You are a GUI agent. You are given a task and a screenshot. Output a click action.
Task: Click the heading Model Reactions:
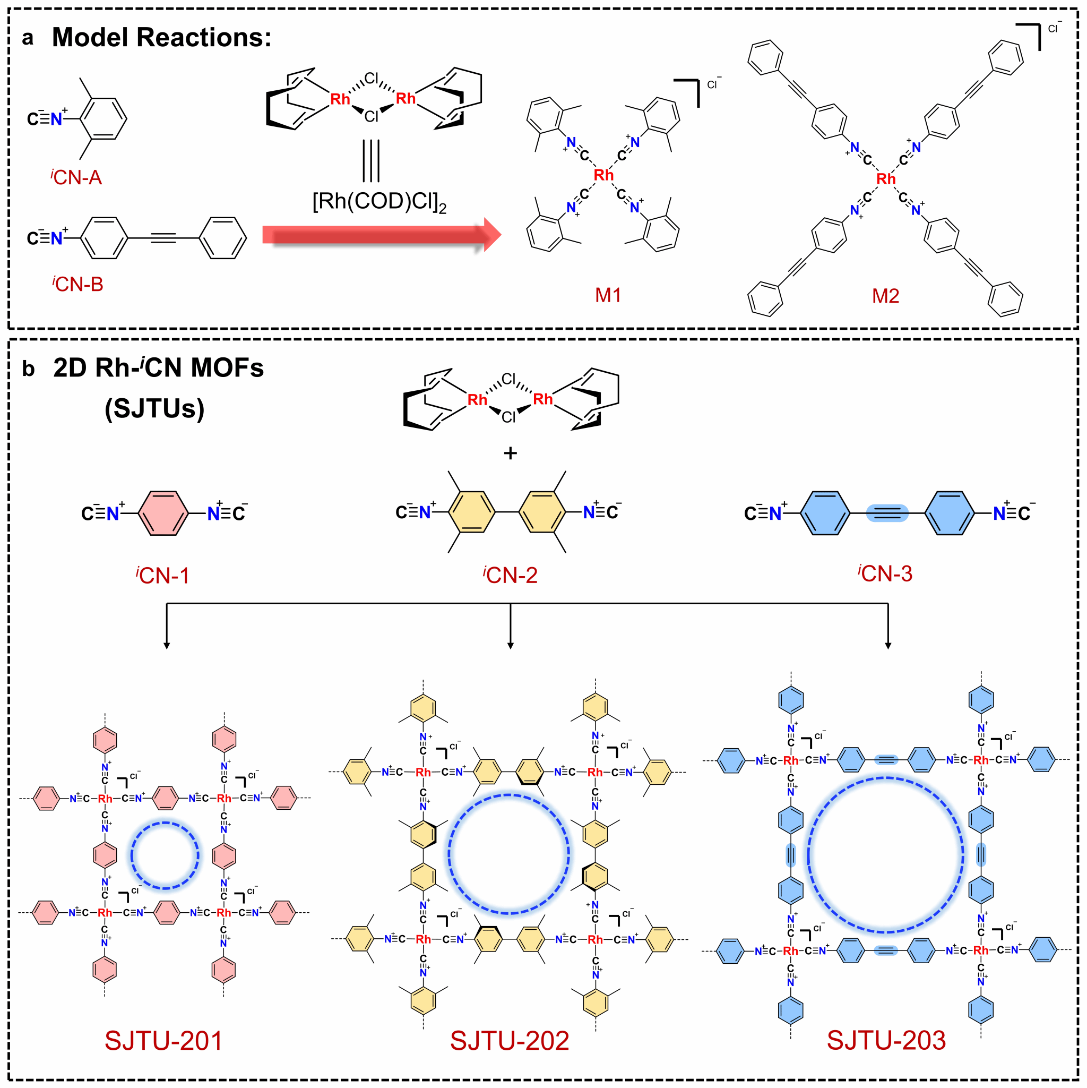[x=161, y=38]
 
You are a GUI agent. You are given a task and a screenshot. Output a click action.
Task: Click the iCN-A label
[x=76, y=177]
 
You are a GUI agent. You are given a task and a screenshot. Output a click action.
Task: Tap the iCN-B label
[x=77, y=284]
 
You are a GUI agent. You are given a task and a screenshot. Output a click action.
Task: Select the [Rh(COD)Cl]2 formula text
[x=379, y=201]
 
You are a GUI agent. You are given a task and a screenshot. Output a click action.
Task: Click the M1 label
[x=608, y=295]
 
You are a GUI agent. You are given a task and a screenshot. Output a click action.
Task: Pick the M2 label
[x=885, y=296]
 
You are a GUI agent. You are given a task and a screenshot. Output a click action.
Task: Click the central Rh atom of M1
[x=603, y=175]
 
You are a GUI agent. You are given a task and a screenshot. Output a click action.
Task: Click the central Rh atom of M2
[x=885, y=179]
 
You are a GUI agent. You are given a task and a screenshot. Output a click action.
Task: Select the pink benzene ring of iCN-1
[x=163, y=513]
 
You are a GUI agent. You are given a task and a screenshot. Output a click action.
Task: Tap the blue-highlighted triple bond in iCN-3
[x=887, y=513]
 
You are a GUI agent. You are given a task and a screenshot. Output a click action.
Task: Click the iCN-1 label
[x=163, y=575]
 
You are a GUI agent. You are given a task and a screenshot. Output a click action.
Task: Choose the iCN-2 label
[x=510, y=575]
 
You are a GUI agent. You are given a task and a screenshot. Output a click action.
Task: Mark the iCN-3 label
[x=885, y=573]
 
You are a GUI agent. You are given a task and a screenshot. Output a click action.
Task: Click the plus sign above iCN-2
[x=510, y=453]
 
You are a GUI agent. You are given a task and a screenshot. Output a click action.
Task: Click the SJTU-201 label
[x=163, y=1041]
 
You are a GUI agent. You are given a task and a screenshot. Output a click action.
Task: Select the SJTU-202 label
[x=510, y=1041]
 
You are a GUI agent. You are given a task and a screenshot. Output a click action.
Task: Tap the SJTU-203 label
[x=886, y=1040]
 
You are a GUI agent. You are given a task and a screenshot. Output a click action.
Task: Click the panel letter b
[x=28, y=369]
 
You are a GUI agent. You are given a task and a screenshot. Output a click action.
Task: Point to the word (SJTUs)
[x=154, y=408]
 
